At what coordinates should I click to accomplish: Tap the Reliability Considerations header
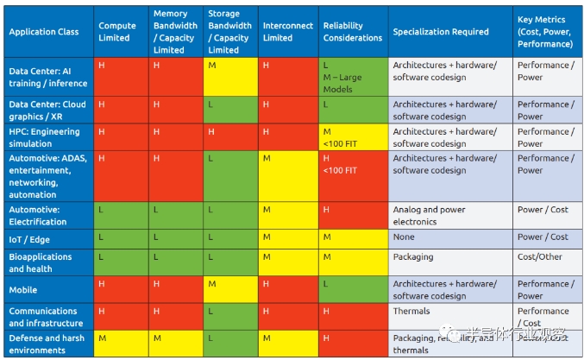click(352, 32)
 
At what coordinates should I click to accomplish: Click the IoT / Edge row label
click(35, 237)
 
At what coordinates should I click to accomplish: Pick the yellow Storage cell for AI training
click(230, 77)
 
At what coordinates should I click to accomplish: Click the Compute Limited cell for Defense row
click(121, 344)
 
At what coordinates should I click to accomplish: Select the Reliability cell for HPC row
click(353, 137)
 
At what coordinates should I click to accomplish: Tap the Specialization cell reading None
click(449, 237)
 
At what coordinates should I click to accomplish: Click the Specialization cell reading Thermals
click(449, 317)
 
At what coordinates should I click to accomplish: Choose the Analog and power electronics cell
click(449, 215)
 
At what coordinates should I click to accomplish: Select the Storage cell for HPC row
click(230, 137)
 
